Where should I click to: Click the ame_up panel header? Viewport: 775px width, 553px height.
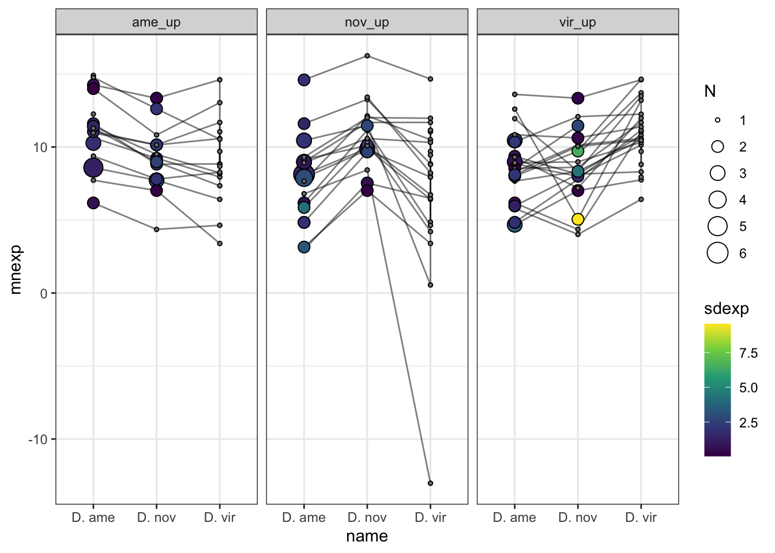point(156,22)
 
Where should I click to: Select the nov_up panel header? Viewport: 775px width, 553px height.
point(367,22)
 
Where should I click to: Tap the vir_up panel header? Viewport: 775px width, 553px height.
point(577,22)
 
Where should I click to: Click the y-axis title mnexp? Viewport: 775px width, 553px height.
point(16,270)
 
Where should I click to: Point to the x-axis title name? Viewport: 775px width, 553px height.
point(367,536)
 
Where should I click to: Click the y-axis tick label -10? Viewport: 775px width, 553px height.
point(38,440)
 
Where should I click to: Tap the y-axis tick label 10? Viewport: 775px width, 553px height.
point(40,147)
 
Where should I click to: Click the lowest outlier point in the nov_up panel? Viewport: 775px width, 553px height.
point(430,483)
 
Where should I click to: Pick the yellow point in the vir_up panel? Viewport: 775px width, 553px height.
point(578,219)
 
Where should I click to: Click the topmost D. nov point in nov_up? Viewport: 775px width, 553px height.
point(367,56)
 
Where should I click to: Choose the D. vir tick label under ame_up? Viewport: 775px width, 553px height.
point(220,517)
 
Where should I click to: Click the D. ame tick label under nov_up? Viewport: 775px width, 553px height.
point(304,517)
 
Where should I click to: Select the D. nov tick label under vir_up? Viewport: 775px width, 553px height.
point(578,517)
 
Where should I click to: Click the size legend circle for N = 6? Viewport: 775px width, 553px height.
point(717,253)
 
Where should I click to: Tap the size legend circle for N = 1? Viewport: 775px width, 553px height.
point(717,120)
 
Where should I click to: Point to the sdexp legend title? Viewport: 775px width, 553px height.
point(726,309)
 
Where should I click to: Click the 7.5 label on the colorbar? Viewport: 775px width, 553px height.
point(748,353)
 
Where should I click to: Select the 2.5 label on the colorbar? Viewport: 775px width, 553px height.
point(748,423)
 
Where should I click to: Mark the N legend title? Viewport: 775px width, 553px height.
point(710,91)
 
